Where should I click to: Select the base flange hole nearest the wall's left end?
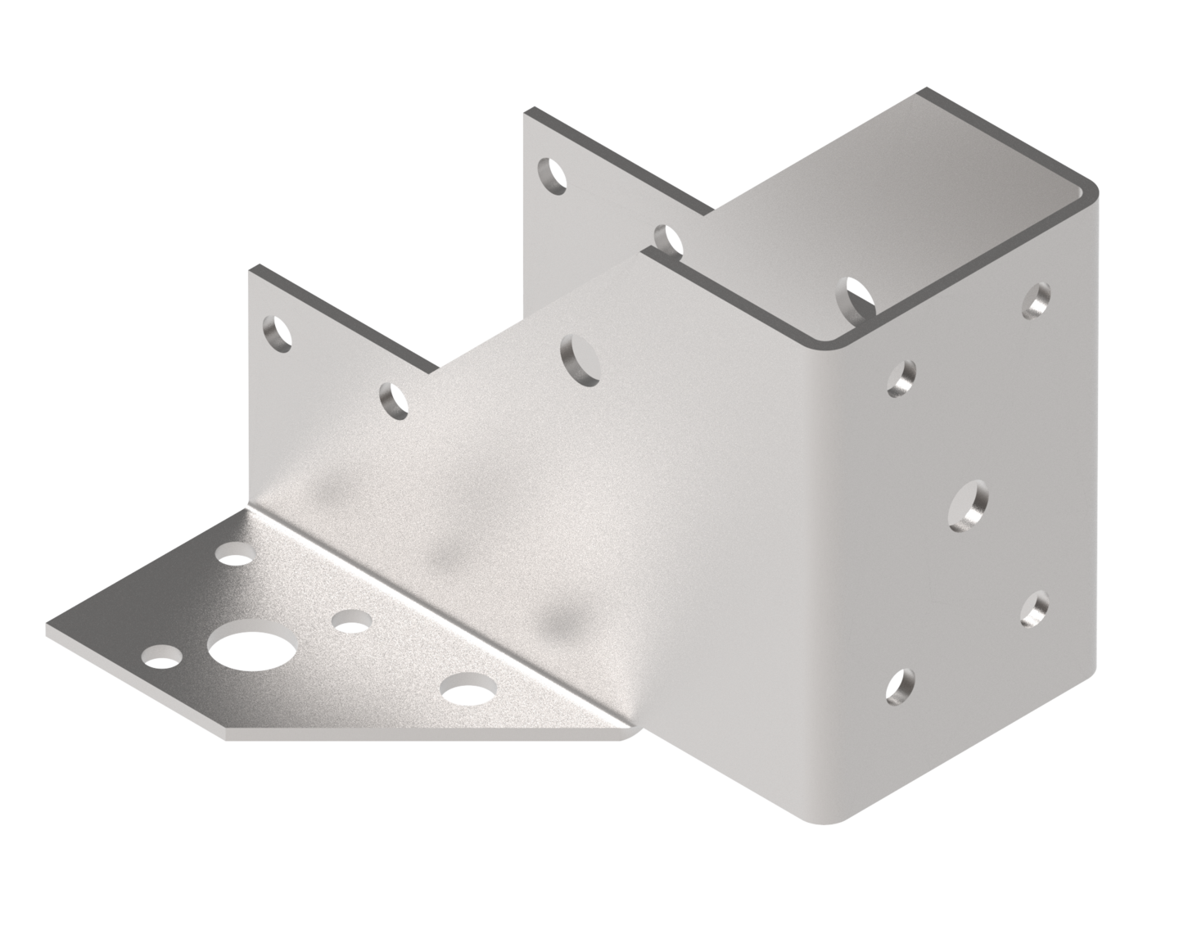point(237,559)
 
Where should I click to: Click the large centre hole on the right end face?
point(969,503)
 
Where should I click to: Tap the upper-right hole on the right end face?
point(1037,300)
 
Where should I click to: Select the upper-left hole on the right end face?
point(902,378)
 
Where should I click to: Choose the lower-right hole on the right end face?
point(1035,607)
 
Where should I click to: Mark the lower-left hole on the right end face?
point(900,686)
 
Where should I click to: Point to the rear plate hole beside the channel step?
point(669,238)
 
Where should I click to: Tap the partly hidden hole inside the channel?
point(857,297)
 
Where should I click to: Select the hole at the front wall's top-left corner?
point(278,332)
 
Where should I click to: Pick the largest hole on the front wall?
point(579,359)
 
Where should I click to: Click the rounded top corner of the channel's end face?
point(1090,194)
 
